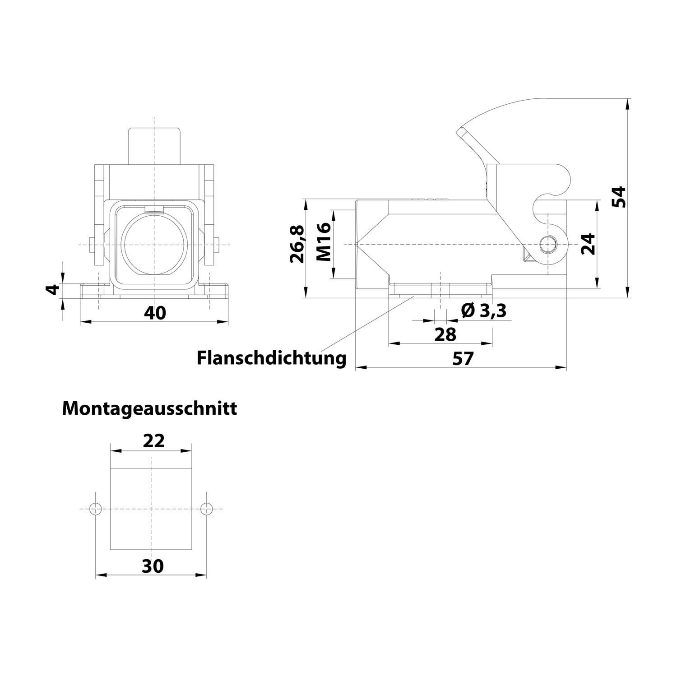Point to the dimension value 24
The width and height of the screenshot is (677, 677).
(x=588, y=244)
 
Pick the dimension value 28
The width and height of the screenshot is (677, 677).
(x=445, y=334)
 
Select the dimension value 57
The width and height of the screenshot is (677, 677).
(x=463, y=359)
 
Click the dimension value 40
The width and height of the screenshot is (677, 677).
(x=155, y=313)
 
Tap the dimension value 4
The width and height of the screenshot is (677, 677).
(x=53, y=289)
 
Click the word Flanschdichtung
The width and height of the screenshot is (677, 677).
(x=271, y=358)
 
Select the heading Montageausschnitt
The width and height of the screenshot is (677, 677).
(x=149, y=408)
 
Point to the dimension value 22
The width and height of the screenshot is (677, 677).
(x=153, y=441)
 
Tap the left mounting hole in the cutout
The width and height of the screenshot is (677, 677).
(x=96, y=509)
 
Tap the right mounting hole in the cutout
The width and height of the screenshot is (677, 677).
(x=206, y=509)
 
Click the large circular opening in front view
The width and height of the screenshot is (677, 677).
(x=154, y=245)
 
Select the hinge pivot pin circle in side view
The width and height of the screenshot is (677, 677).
(x=547, y=244)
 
